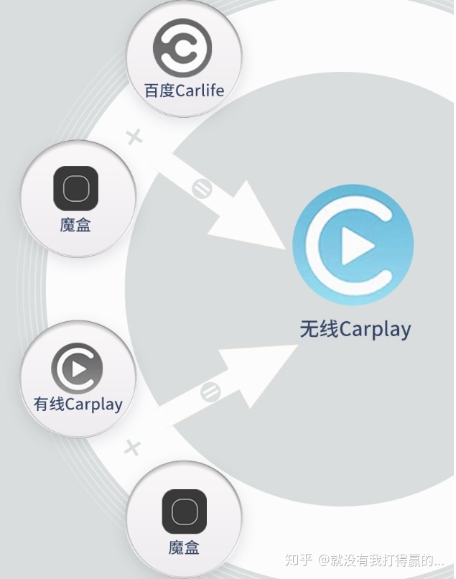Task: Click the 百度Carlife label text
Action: tap(184, 91)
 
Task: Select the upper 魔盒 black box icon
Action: tap(75, 188)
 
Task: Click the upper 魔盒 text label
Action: tap(75, 225)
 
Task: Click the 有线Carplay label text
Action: tap(78, 404)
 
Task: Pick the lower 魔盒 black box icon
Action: tap(184, 511)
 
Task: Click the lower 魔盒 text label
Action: tap(184, 547)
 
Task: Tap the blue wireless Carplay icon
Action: tap(353, 245)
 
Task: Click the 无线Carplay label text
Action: tap(355, 329)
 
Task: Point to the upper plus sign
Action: tap(134, 136)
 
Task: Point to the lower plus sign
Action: tap(131, 449)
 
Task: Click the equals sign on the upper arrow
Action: tap(200, 189)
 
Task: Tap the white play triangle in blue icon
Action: tap(357, 246)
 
